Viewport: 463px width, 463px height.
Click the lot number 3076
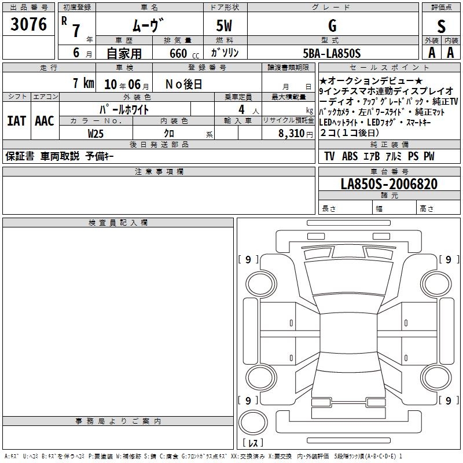pyautogui.click(x=28, y=24)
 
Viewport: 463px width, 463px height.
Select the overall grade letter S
pyautogui.click(x=441, y=26)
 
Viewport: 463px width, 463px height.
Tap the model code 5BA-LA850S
pyautogui.click(x=332, y=53)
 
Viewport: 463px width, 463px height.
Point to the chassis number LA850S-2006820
pyautogui.click(x=389, y=184)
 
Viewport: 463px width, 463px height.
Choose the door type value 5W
pyautogui.click(x=224, y=25)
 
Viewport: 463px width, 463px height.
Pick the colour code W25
pyautogui.click(x=95, y=134)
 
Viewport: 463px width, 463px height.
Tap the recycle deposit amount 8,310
pyautogui.click(x=292, y=133)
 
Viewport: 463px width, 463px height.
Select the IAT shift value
pyautogui.click(x=17, y=121)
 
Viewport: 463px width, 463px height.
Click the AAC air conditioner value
pyautogui.click(x=45, y=121)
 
